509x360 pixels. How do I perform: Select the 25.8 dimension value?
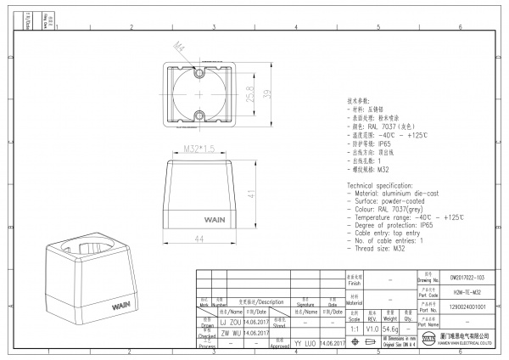tap(249, 93)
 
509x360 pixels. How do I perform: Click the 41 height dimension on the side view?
tap(251, 194)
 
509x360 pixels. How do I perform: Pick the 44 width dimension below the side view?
tap(200, 240)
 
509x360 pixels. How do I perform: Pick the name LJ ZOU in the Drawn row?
tap(230, 323)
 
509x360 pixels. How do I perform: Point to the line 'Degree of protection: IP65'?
tap(391, 226)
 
